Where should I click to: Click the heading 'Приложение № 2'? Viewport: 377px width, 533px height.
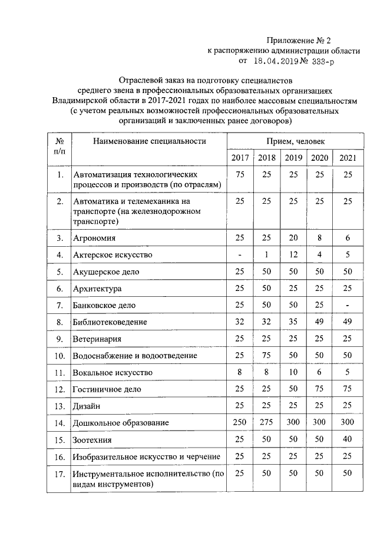tap(299, 41)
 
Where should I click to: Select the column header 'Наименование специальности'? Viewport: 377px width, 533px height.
tap(148, 141)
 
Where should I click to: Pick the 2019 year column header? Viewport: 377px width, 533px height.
tap(293, 158)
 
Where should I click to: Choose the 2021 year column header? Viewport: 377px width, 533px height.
tap(348, 158)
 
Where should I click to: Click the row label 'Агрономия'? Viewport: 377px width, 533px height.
tap(94, 239)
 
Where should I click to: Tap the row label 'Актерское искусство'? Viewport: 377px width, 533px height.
tap(113, 255)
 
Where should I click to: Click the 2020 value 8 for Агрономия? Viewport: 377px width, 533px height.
tap(320, 238)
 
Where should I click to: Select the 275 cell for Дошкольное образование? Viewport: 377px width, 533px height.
tap(267, 422)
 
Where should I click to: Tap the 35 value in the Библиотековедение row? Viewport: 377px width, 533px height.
tap(293, 322)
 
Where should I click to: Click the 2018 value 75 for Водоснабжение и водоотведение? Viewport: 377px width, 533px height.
tap(267, 356)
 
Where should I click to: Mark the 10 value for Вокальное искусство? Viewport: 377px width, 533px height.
tap(293, 372)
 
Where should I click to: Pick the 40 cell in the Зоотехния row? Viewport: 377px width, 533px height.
tap(348, 439)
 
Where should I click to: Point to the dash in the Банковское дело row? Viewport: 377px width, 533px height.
tap(348, 305)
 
